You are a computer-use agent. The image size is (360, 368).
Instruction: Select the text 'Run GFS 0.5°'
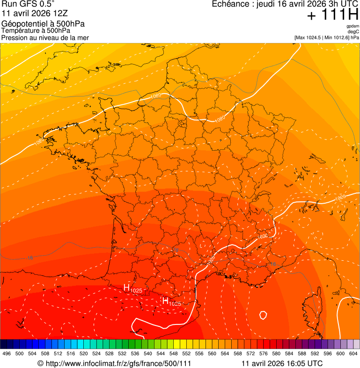click(28, 5)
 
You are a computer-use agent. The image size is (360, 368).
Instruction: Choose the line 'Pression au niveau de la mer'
click(45, 37)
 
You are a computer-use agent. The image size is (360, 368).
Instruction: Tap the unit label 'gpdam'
click(353, 26)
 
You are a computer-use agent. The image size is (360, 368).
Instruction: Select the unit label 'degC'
click(353, 32)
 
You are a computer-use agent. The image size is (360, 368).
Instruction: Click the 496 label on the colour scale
click(7, 353)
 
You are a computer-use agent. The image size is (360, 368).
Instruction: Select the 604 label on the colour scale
click(353, 353)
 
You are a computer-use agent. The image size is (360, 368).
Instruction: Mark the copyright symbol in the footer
click(40, 363)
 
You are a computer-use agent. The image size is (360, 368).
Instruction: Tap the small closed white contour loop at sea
click(263, 315)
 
